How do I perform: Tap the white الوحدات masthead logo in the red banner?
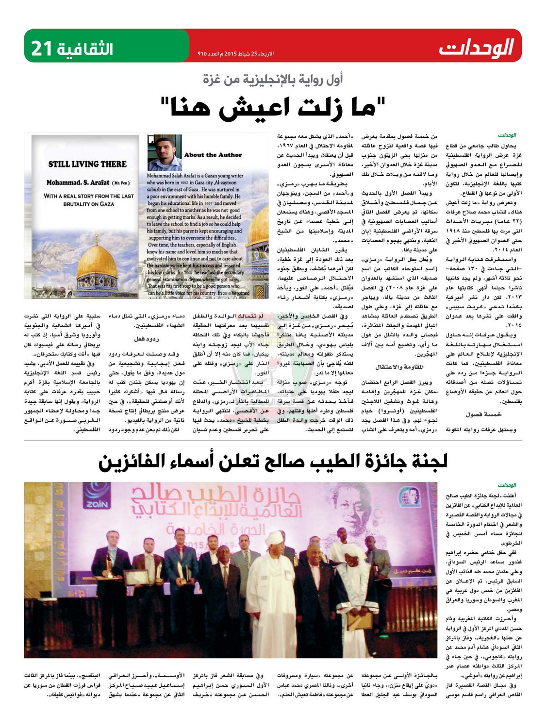476,49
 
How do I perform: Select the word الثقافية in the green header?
85,49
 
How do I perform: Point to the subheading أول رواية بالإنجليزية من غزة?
273,79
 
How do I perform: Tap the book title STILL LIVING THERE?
87,164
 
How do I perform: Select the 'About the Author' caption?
213,155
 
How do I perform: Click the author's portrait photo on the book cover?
165,152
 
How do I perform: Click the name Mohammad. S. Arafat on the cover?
78,183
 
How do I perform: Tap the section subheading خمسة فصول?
483,414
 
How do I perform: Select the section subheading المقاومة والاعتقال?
399,367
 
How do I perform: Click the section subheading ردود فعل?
146,339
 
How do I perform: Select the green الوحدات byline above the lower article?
507,485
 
